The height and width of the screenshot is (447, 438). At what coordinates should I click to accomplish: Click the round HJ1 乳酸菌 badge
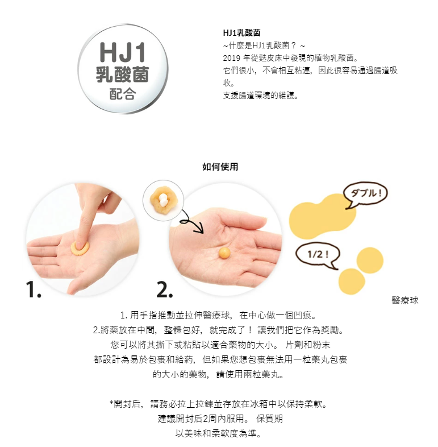[123, 69]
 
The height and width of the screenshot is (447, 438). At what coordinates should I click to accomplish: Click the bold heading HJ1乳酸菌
[242, 33]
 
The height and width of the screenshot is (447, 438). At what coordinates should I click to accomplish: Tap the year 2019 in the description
[232, 58]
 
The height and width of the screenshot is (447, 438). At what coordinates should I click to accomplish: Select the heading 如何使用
[220, 167]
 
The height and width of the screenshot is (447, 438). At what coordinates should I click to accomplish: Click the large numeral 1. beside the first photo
[34, 289]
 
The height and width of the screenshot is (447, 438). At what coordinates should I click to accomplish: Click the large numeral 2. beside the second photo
[165, 289]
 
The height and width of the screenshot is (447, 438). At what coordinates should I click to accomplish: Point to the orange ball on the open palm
[224, 253]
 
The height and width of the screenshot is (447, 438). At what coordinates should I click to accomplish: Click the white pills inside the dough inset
[162, 200]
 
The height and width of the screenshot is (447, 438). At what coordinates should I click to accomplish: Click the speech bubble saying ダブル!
[366, 194]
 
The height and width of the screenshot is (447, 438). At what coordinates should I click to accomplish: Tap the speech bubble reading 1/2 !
[318, 255]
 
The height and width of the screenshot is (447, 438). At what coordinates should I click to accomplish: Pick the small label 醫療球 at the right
[405, 300]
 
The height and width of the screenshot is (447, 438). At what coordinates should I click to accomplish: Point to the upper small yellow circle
[370, 260]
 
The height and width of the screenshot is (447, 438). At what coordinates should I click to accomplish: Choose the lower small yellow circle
[352, 282]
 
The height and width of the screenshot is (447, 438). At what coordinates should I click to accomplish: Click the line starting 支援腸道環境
[261, 96]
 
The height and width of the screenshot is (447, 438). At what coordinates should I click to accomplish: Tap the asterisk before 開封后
[111, 403]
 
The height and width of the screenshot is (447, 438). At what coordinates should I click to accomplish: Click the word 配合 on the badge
[123, 94]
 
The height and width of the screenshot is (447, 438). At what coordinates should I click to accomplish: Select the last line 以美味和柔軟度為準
[219, 433]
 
